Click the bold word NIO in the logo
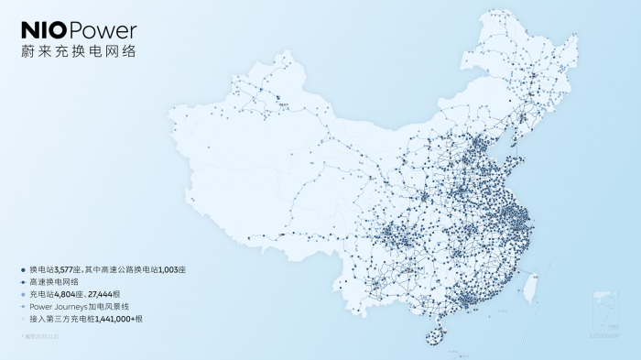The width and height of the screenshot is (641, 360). [x=43, y=31]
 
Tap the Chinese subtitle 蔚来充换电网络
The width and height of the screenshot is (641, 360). [x=78, y=52]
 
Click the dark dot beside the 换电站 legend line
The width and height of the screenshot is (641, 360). [x=23, y=270]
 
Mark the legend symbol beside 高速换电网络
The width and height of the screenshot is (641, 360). [x=23, y=282]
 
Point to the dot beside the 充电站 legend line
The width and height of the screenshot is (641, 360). [x=23, y=295]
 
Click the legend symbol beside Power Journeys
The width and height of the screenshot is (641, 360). [x=23, y=308]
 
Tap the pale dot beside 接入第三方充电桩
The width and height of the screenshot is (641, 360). [x=23, y=320]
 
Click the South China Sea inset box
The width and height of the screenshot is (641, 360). [x=604, y=312]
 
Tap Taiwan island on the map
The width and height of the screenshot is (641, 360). [x=527, y=287]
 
